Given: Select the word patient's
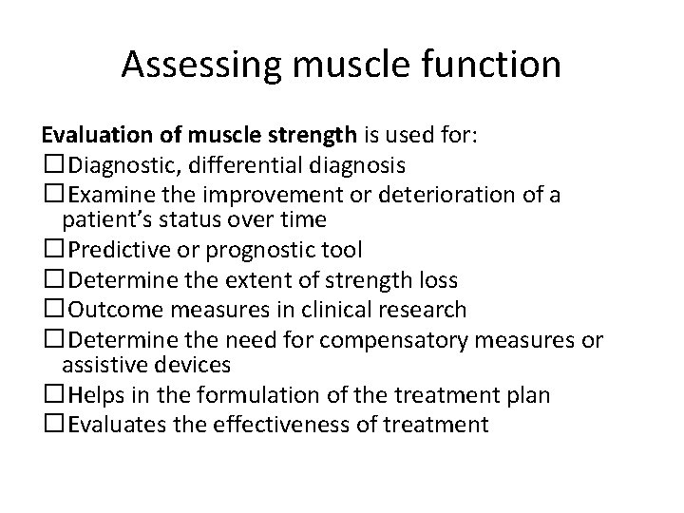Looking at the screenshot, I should [103, 220].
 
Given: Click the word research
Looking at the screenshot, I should [425, 310].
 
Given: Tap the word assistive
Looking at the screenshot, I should [100, 366].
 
